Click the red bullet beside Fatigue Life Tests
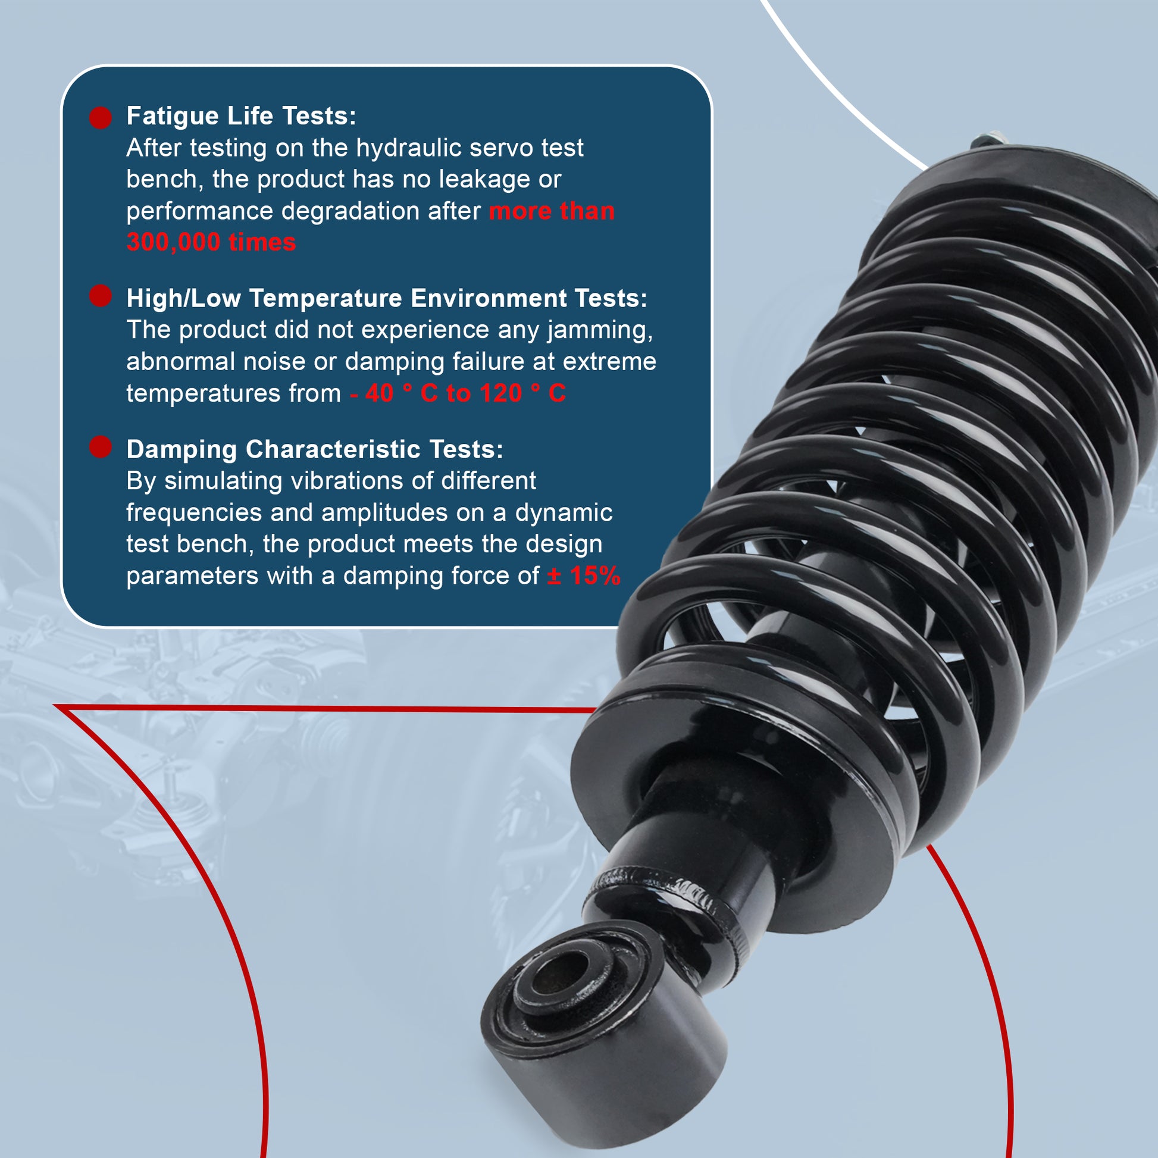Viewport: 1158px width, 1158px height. (101, 117)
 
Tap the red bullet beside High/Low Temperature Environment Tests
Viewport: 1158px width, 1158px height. (101, 296)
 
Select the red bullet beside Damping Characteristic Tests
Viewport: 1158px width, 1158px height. (101, 447)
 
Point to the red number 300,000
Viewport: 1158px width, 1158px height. (173, 243)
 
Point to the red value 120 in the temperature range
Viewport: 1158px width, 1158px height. (501, 394)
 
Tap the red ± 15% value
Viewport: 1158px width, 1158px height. (584, 576)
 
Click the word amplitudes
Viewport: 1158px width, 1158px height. (384, 513)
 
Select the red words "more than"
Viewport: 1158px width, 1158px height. (552, 212)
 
